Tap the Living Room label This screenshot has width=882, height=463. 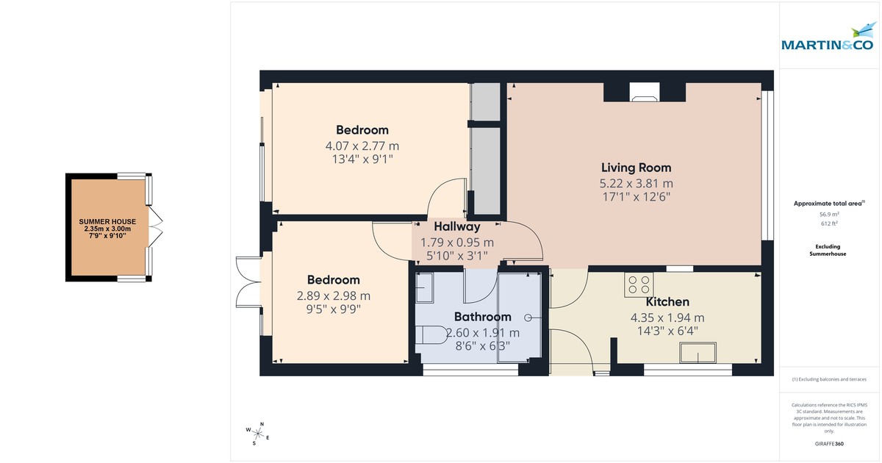(x=636, y=168)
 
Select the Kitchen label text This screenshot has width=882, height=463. (x=667, y=302)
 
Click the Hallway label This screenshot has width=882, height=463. (x=456, y=227)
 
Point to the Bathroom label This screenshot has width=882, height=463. (x=482, y=317)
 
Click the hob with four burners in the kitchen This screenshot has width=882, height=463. (x=639, y=284)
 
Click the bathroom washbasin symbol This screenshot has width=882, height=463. (x=424, y=290)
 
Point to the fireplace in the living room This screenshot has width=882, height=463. (x=645, y=92)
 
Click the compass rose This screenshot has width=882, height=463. (x=257, y=433)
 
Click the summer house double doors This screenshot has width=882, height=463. (x=155, y=226)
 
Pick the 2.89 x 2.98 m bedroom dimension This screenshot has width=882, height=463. (x=333, y=295)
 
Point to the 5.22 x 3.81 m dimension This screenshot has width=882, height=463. (x=636, y=183)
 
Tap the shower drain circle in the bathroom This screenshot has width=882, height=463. (x=528, y=317)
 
